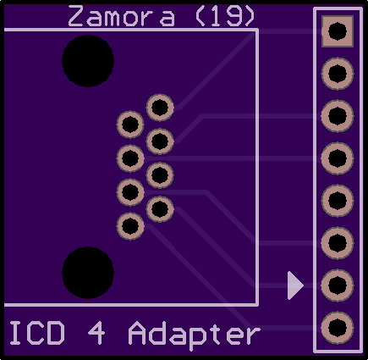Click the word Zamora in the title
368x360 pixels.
coord(122,16)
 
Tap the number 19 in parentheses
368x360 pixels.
coord(225,16)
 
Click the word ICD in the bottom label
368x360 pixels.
coord(37,333)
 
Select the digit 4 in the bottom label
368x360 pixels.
coord(96,333)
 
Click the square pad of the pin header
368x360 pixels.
coord(338,31)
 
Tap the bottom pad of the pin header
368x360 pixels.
coord(338,328)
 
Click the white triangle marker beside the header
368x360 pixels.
coord(294,285)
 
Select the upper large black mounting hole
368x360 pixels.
coord(88,61)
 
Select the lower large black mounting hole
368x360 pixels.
coord(88,273)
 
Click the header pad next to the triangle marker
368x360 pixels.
coord(338,285)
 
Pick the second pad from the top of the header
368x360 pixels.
coord(338,74)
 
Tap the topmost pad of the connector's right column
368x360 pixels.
coord(160,108)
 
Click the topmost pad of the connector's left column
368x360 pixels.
coord(130,125)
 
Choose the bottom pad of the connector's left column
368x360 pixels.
coord(130,226)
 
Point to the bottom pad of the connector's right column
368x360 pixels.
coord(160,209)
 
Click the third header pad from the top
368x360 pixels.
coord(338,116)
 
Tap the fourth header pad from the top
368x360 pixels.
coord(338,158)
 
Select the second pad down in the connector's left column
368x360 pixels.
coord(130,158)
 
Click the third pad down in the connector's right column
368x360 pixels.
coord(160,175)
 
